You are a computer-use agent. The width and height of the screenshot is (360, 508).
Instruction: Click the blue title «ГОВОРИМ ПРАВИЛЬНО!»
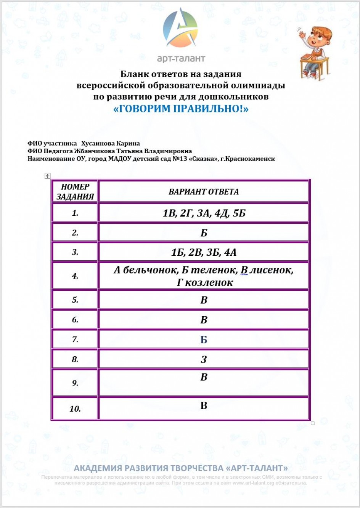coord(181,109)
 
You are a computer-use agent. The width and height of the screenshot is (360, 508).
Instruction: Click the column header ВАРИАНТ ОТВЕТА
coord(204,192)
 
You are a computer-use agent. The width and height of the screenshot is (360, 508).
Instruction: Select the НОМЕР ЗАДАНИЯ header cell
coord(75,192)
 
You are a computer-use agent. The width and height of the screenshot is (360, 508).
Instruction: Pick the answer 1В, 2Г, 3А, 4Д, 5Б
coord(204,213)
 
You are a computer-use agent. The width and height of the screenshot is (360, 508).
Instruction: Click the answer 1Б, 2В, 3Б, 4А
coord(204,252)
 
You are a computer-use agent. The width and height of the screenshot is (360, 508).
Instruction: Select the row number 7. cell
coord(75,340)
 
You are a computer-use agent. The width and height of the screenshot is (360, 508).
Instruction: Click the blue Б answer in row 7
coord(204,340)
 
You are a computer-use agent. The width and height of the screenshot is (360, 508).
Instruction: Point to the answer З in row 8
coord(204,359)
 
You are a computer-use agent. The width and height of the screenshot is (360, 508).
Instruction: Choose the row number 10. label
coord(75,409)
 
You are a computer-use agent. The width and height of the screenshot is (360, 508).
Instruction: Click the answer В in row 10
coord(204,405)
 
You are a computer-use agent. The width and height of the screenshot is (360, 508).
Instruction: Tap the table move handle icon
coord(47,176)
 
